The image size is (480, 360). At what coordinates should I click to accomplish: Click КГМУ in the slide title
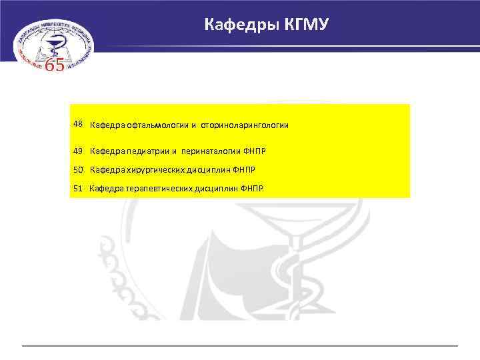[x=305, y=25]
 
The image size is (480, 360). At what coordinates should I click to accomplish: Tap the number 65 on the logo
[x=54, y=66]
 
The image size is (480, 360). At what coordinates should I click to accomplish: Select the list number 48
[x=78, y=124]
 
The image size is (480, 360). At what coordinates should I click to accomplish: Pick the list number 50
[x=79, y=170]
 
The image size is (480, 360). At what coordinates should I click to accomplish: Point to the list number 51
[x=78, y=189]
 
